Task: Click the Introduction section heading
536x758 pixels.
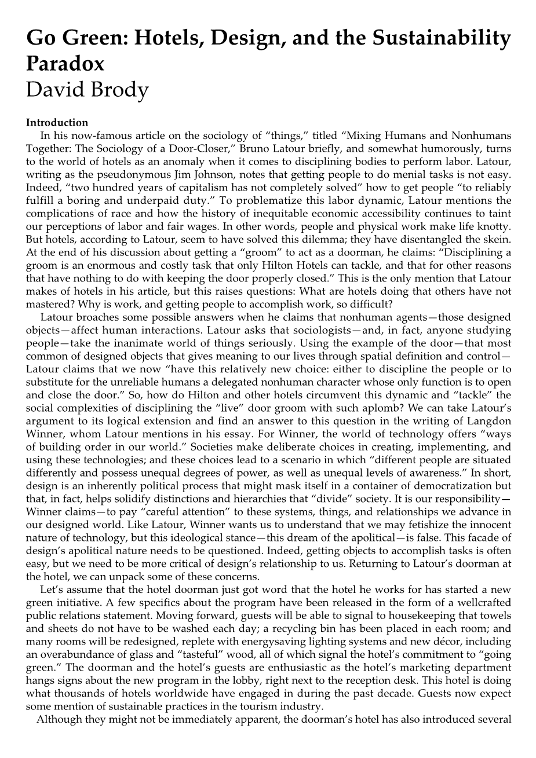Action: pyautogui.click(x=57, y=123)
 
